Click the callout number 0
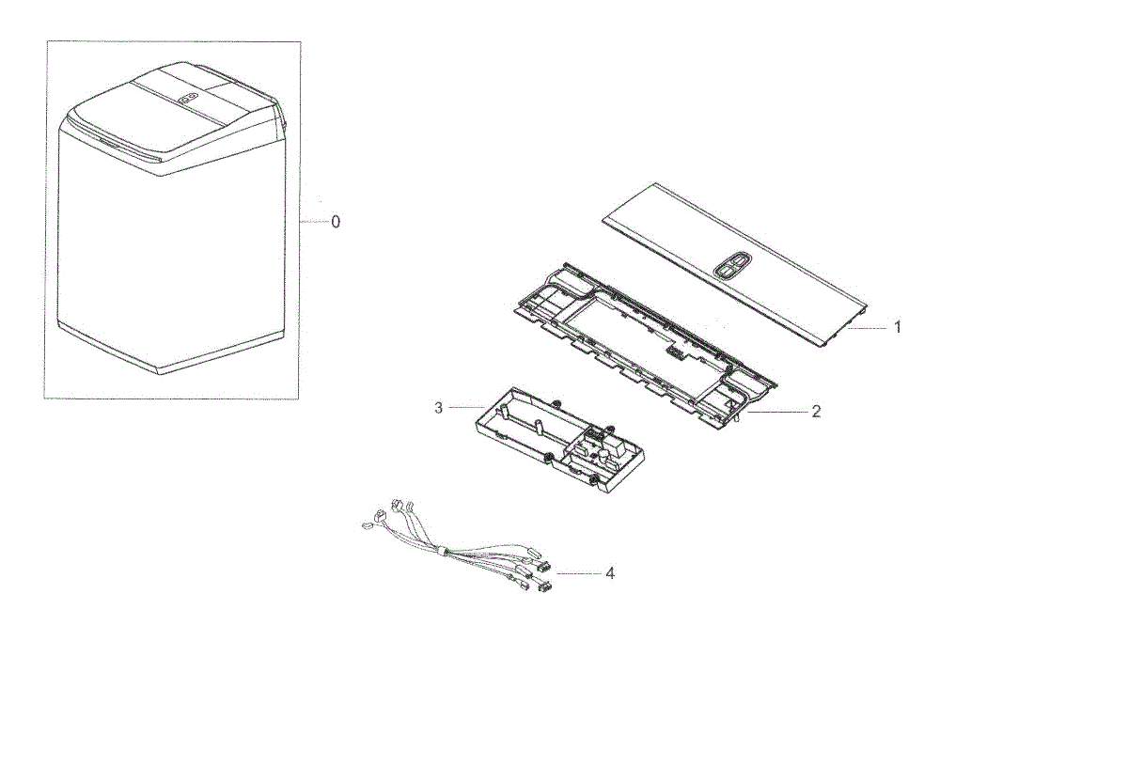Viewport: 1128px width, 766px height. click(x=336, y=222)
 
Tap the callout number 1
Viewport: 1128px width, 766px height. click(x=898, y=327)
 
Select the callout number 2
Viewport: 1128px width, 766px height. click(x=816, y=412)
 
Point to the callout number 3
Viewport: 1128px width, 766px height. click(x=438, y=408)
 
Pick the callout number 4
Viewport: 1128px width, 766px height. click(x=610, y=573)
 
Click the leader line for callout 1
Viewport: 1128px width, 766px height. click(x=868, y=328)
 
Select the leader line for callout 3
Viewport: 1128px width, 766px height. click(x=467, y=407)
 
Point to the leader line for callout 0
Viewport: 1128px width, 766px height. click(x=314, y=222)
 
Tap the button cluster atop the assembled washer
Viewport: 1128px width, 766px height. click(x=190, y=98)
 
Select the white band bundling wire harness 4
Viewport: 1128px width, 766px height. click(x=444, y=552)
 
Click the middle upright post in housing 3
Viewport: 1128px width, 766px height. click(x=538, y=426)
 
